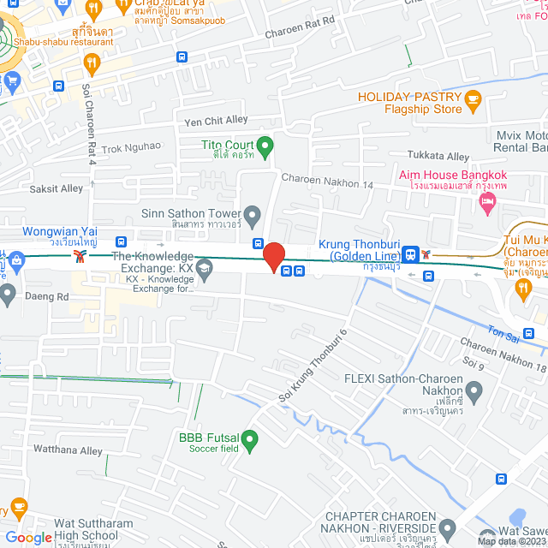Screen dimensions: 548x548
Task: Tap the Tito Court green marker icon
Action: point(265,148)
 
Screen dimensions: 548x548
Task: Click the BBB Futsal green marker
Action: point(250,441)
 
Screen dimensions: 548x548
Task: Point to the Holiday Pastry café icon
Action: point(474,103)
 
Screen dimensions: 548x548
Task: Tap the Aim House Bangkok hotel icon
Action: point(488,203)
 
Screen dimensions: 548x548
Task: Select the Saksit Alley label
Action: point(59,188)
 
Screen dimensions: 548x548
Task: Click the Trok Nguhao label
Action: point(131,147)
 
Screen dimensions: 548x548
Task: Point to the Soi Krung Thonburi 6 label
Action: point(314,367)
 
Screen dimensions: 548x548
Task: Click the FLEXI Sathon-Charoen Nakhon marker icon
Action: point(474,391)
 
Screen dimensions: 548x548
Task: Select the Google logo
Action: point(28,537)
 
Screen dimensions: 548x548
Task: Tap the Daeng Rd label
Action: point(51,296)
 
